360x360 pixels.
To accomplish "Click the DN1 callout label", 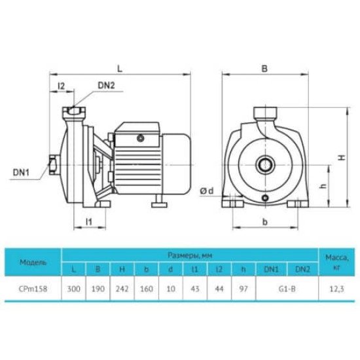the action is tap(21, 172).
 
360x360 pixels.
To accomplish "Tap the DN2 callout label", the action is tap(106, 85).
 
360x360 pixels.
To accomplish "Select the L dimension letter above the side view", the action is tap(120, 69).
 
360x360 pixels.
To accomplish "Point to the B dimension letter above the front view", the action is tap(264, 69).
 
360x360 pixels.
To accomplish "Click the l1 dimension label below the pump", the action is tap(89, 222).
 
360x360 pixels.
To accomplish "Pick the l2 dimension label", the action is tap(62, 86).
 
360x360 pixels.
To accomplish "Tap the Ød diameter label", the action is tap(207, 190).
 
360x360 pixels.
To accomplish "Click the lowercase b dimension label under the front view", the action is tap(265, 222).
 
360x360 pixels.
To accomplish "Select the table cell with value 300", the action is tap(74, 289).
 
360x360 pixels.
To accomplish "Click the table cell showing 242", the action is tap(122, 289).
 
